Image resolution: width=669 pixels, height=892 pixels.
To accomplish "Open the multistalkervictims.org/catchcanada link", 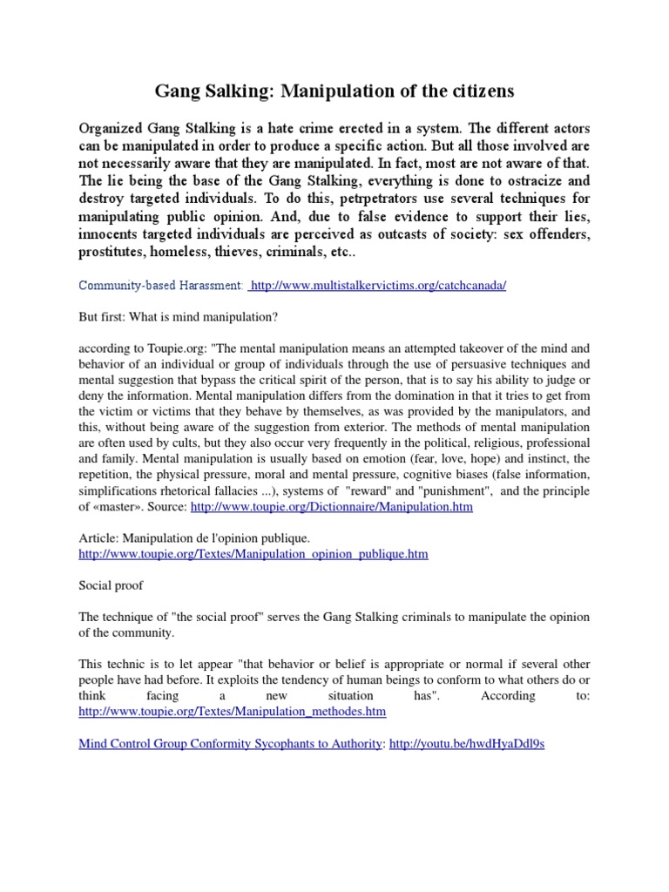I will [377, 286].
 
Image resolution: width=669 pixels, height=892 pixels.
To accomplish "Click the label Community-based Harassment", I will [160, 286].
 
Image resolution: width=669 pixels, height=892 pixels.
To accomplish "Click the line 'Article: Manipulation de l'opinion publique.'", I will [193, 537].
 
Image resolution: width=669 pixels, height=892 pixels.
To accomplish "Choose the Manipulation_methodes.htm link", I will [232, 712].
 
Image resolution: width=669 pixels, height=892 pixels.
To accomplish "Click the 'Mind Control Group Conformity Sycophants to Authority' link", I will [230, 743].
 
